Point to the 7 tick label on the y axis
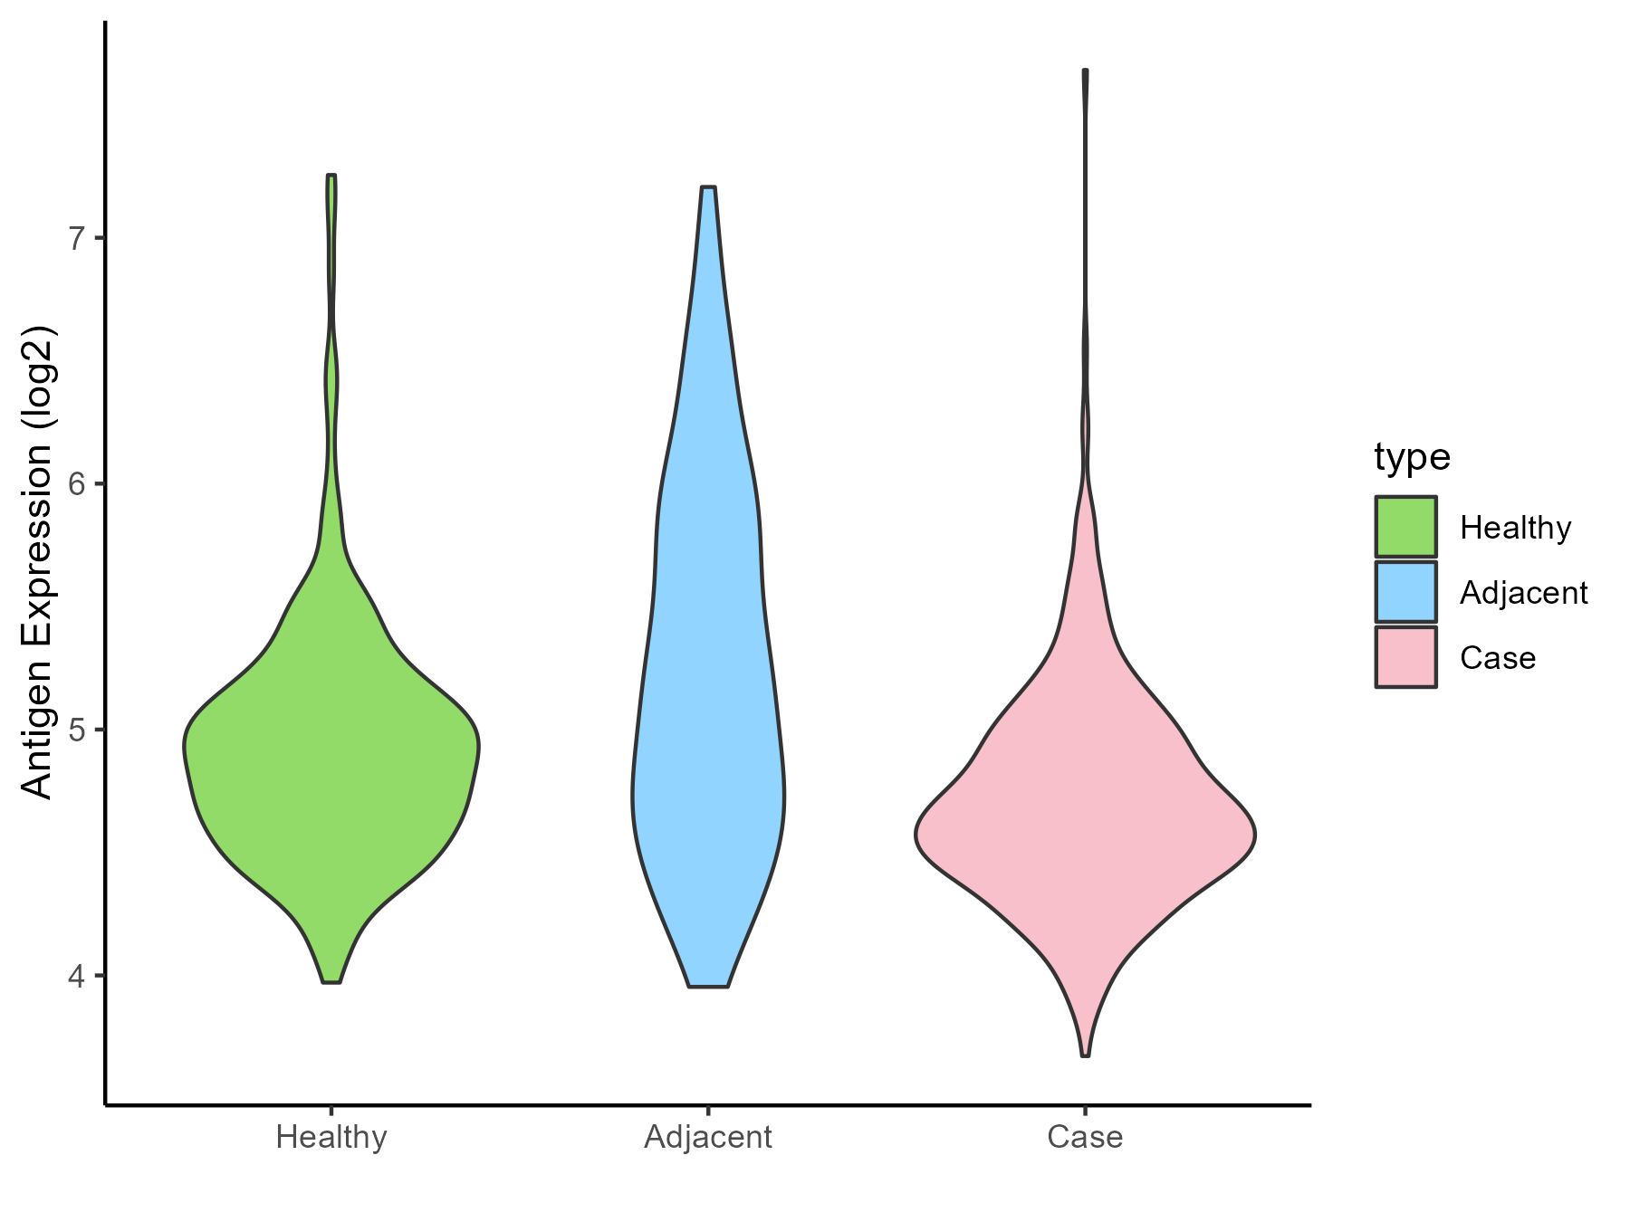point(76,238)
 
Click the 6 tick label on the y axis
point(76,484)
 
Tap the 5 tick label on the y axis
point(76,730)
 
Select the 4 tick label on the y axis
point(76,976)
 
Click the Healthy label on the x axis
point(331,1137)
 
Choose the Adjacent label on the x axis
point(708,1137)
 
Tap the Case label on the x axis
point(1085,1137)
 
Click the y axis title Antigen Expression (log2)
point(38,561)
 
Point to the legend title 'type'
point(1412,457)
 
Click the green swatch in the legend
point(1405,527)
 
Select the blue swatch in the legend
point(1405,592)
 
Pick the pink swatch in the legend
point(1405,657)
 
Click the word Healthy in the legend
point(1515,528)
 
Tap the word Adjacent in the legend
point(1523,593)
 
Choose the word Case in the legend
point(1498,658)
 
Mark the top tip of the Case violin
point(1085,71)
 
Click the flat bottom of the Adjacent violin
point(708,986)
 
